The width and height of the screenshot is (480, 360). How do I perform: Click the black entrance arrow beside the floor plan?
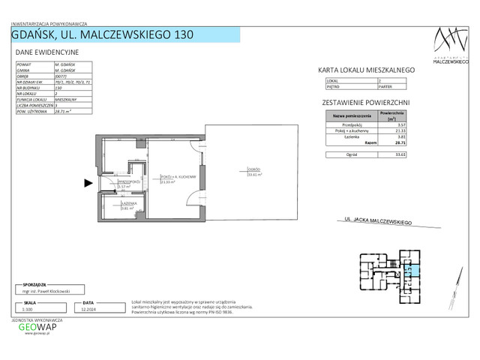coord(88,181)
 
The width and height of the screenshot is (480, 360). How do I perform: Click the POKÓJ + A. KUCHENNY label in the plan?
coord(177,177)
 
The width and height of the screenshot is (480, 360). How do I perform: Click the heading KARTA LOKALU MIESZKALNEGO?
coord(367,70)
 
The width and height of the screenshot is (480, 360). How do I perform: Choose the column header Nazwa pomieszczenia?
coord(348,117)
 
